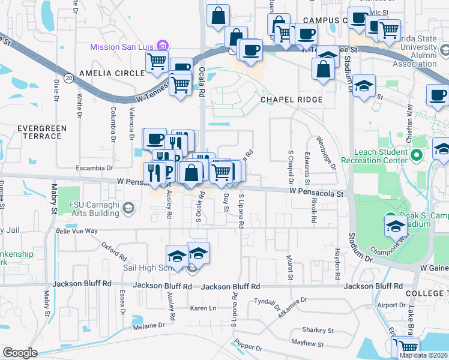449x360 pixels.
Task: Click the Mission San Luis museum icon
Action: coord(161,45)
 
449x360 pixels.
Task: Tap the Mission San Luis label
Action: coord(122,47)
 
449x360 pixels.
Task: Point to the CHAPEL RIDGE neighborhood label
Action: coord(292,100)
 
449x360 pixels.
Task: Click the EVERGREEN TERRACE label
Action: coord(40,132)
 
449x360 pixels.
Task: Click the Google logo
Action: coord(20,353)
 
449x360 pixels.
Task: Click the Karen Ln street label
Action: coord(203,308)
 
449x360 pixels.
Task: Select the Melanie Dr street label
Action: coord(149,325)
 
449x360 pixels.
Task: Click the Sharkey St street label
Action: coord(318,330)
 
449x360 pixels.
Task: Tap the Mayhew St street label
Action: coord(307,344)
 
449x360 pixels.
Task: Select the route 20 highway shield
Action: coord(70,78)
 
